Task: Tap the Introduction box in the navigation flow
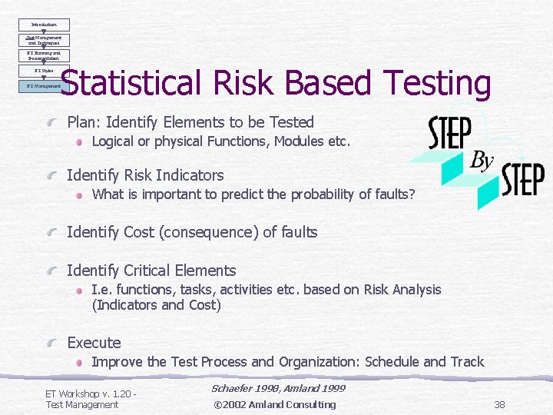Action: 44,25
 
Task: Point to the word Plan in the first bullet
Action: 83,122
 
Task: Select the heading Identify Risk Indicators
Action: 145,175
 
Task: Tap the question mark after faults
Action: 412,194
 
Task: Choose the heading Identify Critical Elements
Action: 151,271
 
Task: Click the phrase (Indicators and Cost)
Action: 156,305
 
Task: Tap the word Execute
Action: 94,343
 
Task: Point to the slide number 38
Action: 499,404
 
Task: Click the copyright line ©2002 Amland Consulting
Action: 274,404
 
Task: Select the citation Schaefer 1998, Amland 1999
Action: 277,390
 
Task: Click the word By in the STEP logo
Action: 482,161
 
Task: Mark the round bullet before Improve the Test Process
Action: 80,363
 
